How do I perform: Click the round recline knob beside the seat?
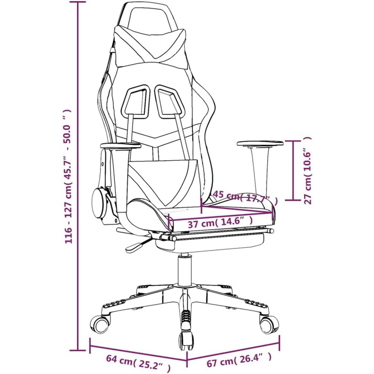[x=99, y=202]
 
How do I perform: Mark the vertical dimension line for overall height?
[x=79, y=176]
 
